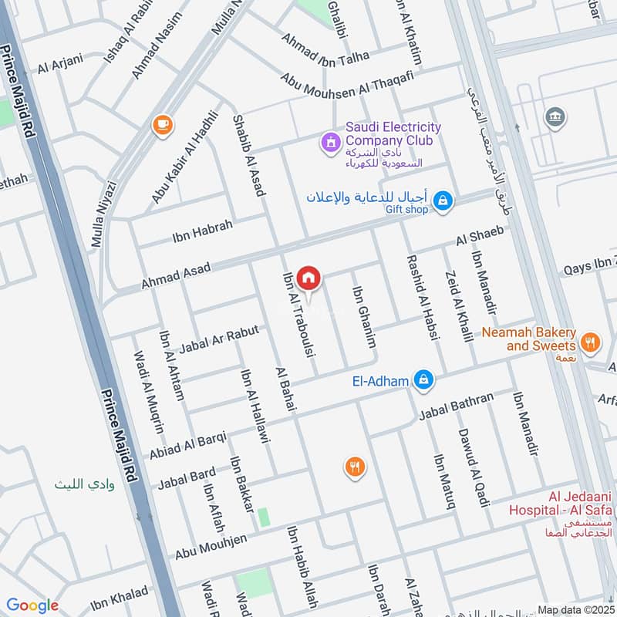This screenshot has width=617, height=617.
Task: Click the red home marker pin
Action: pos(308,277)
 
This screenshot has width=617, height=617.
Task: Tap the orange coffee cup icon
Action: pos(162,124)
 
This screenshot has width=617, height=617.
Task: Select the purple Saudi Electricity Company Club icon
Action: pos(330,142)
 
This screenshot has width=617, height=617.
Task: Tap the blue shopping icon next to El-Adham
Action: pos(423,379)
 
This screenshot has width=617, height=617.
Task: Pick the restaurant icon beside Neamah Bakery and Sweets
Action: pos(590,342)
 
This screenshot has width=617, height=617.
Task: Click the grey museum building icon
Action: pos(554,117)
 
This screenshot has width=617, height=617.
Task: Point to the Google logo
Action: pos(32,605)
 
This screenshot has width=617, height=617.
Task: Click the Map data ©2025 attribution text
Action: pos(575,609)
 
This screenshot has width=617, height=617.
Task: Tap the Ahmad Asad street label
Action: pos(175,276)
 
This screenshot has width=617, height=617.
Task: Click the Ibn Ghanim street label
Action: pos(364,317)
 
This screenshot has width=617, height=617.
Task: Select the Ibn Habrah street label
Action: pos(181,232)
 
